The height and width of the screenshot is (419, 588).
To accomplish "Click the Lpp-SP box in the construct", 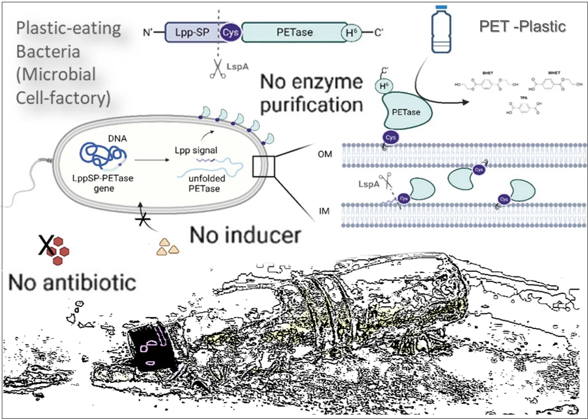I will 191,32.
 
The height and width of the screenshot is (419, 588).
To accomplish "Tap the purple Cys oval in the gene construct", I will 230,32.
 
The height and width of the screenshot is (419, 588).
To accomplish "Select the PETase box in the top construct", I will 294,32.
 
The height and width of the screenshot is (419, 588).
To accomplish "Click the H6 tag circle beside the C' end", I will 351,33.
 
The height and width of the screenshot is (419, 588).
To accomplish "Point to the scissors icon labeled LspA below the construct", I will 217,69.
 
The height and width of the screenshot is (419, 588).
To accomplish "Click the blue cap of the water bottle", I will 441,7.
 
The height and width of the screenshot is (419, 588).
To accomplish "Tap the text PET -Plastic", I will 522,26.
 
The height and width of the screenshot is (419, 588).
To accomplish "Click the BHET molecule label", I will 488,73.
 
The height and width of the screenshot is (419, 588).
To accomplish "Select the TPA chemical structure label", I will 524,98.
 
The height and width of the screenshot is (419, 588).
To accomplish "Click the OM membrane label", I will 325,154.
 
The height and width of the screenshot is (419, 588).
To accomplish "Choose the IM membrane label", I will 324,211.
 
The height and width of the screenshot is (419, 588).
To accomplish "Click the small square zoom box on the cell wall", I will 264,166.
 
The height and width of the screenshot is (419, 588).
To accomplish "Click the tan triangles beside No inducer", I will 167,247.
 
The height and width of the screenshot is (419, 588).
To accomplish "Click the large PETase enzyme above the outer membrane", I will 406,111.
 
